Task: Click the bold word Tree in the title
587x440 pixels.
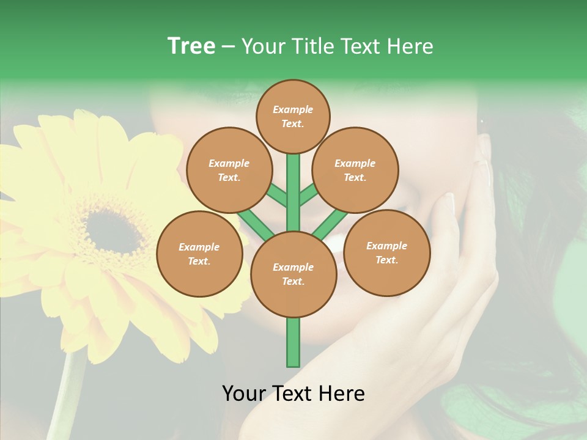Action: coord(191,46)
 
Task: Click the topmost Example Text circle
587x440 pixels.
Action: coord(293,116)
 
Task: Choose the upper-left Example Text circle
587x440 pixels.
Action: coord(229,170)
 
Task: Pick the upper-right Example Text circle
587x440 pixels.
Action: coord(355,170)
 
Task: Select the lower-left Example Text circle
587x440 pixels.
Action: coord(199,254)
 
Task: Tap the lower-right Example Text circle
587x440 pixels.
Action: coord(386,252)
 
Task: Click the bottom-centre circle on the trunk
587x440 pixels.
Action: coord(293,274)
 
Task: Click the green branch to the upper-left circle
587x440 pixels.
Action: coord(277,196)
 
